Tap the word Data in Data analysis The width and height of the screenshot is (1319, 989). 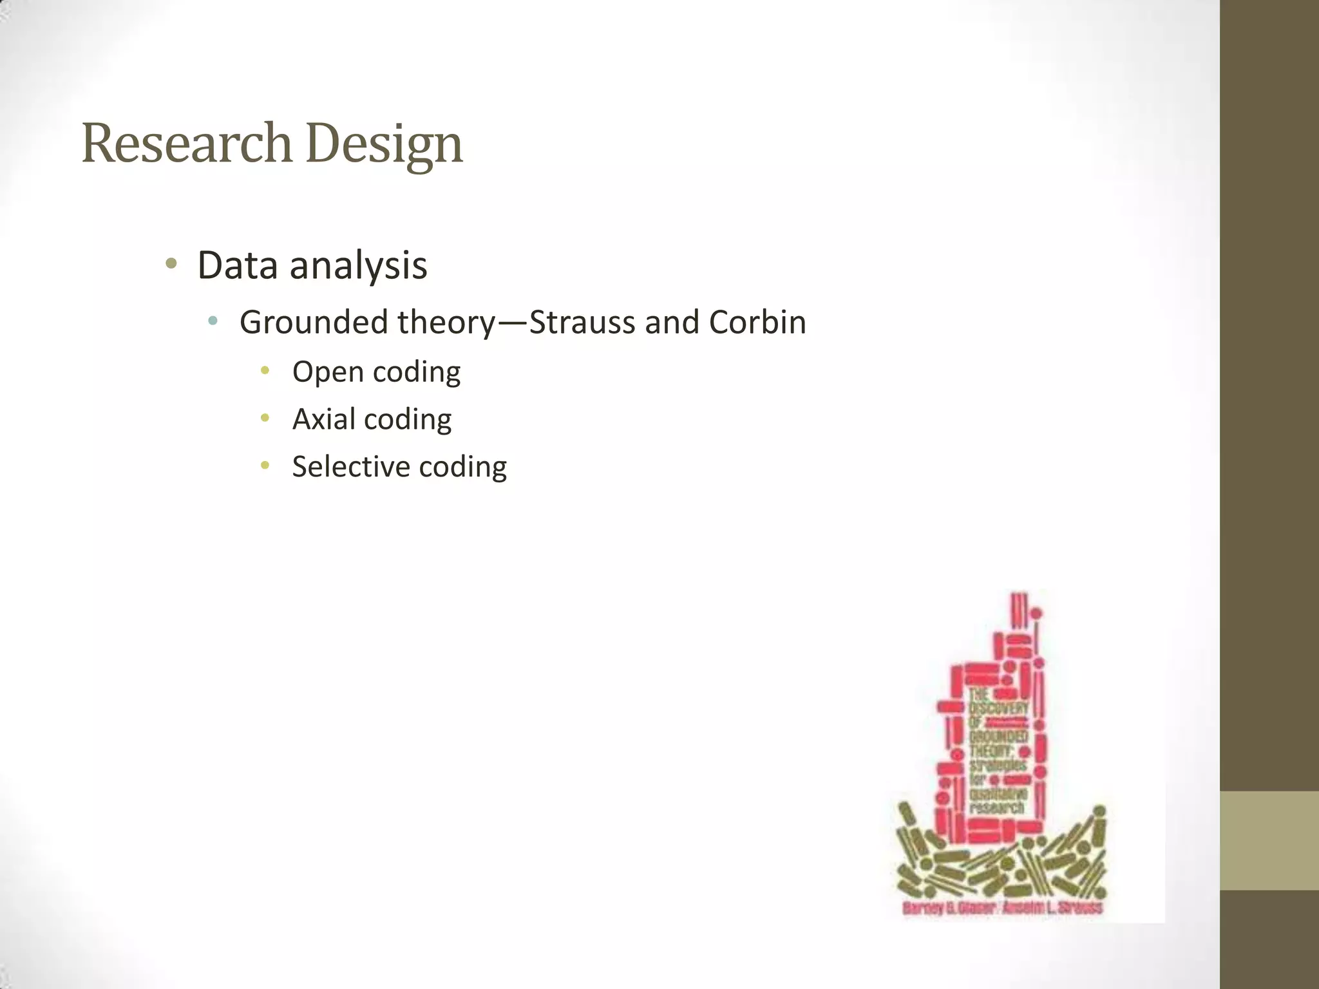pos(238,265)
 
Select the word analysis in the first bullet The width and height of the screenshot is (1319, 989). pos(358,265)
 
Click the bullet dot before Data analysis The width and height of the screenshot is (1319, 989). pos(171,263)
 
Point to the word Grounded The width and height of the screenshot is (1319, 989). pos(314,322)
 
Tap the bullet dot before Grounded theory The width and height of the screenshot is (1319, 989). pos(213,320)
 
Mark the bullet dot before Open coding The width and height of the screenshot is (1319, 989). pos(265,370)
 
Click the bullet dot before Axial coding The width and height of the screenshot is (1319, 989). pos(265,418)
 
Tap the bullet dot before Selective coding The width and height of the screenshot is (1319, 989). pos(265,465)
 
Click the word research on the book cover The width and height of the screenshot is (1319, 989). pos(996,807)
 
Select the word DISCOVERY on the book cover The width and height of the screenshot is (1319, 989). pos(999,708)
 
